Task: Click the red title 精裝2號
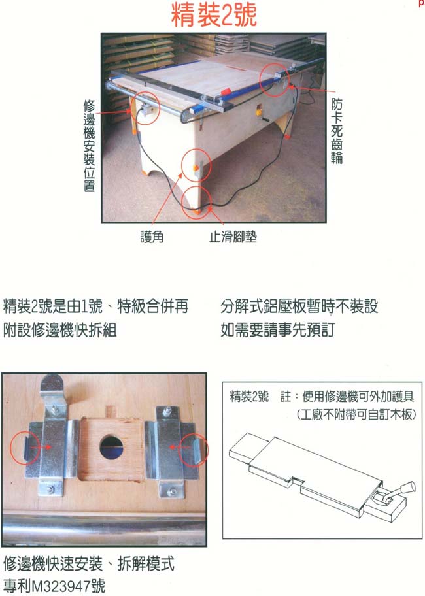[214, 15]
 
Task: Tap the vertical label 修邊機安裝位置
[89, 146]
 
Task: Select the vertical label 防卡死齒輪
[337, 131]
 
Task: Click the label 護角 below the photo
[152, 237]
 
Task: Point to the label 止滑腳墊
[233, 237]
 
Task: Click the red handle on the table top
[225, 92]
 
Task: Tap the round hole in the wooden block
[113, 448]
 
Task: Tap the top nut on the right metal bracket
[167, 412]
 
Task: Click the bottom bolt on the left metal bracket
[50, 489]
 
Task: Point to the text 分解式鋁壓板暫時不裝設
[299, 306]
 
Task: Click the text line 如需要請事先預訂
[277, 329]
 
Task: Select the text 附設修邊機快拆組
[59, 329]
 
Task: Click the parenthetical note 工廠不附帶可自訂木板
[356, 414]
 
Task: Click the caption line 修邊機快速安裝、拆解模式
[88, 564]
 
